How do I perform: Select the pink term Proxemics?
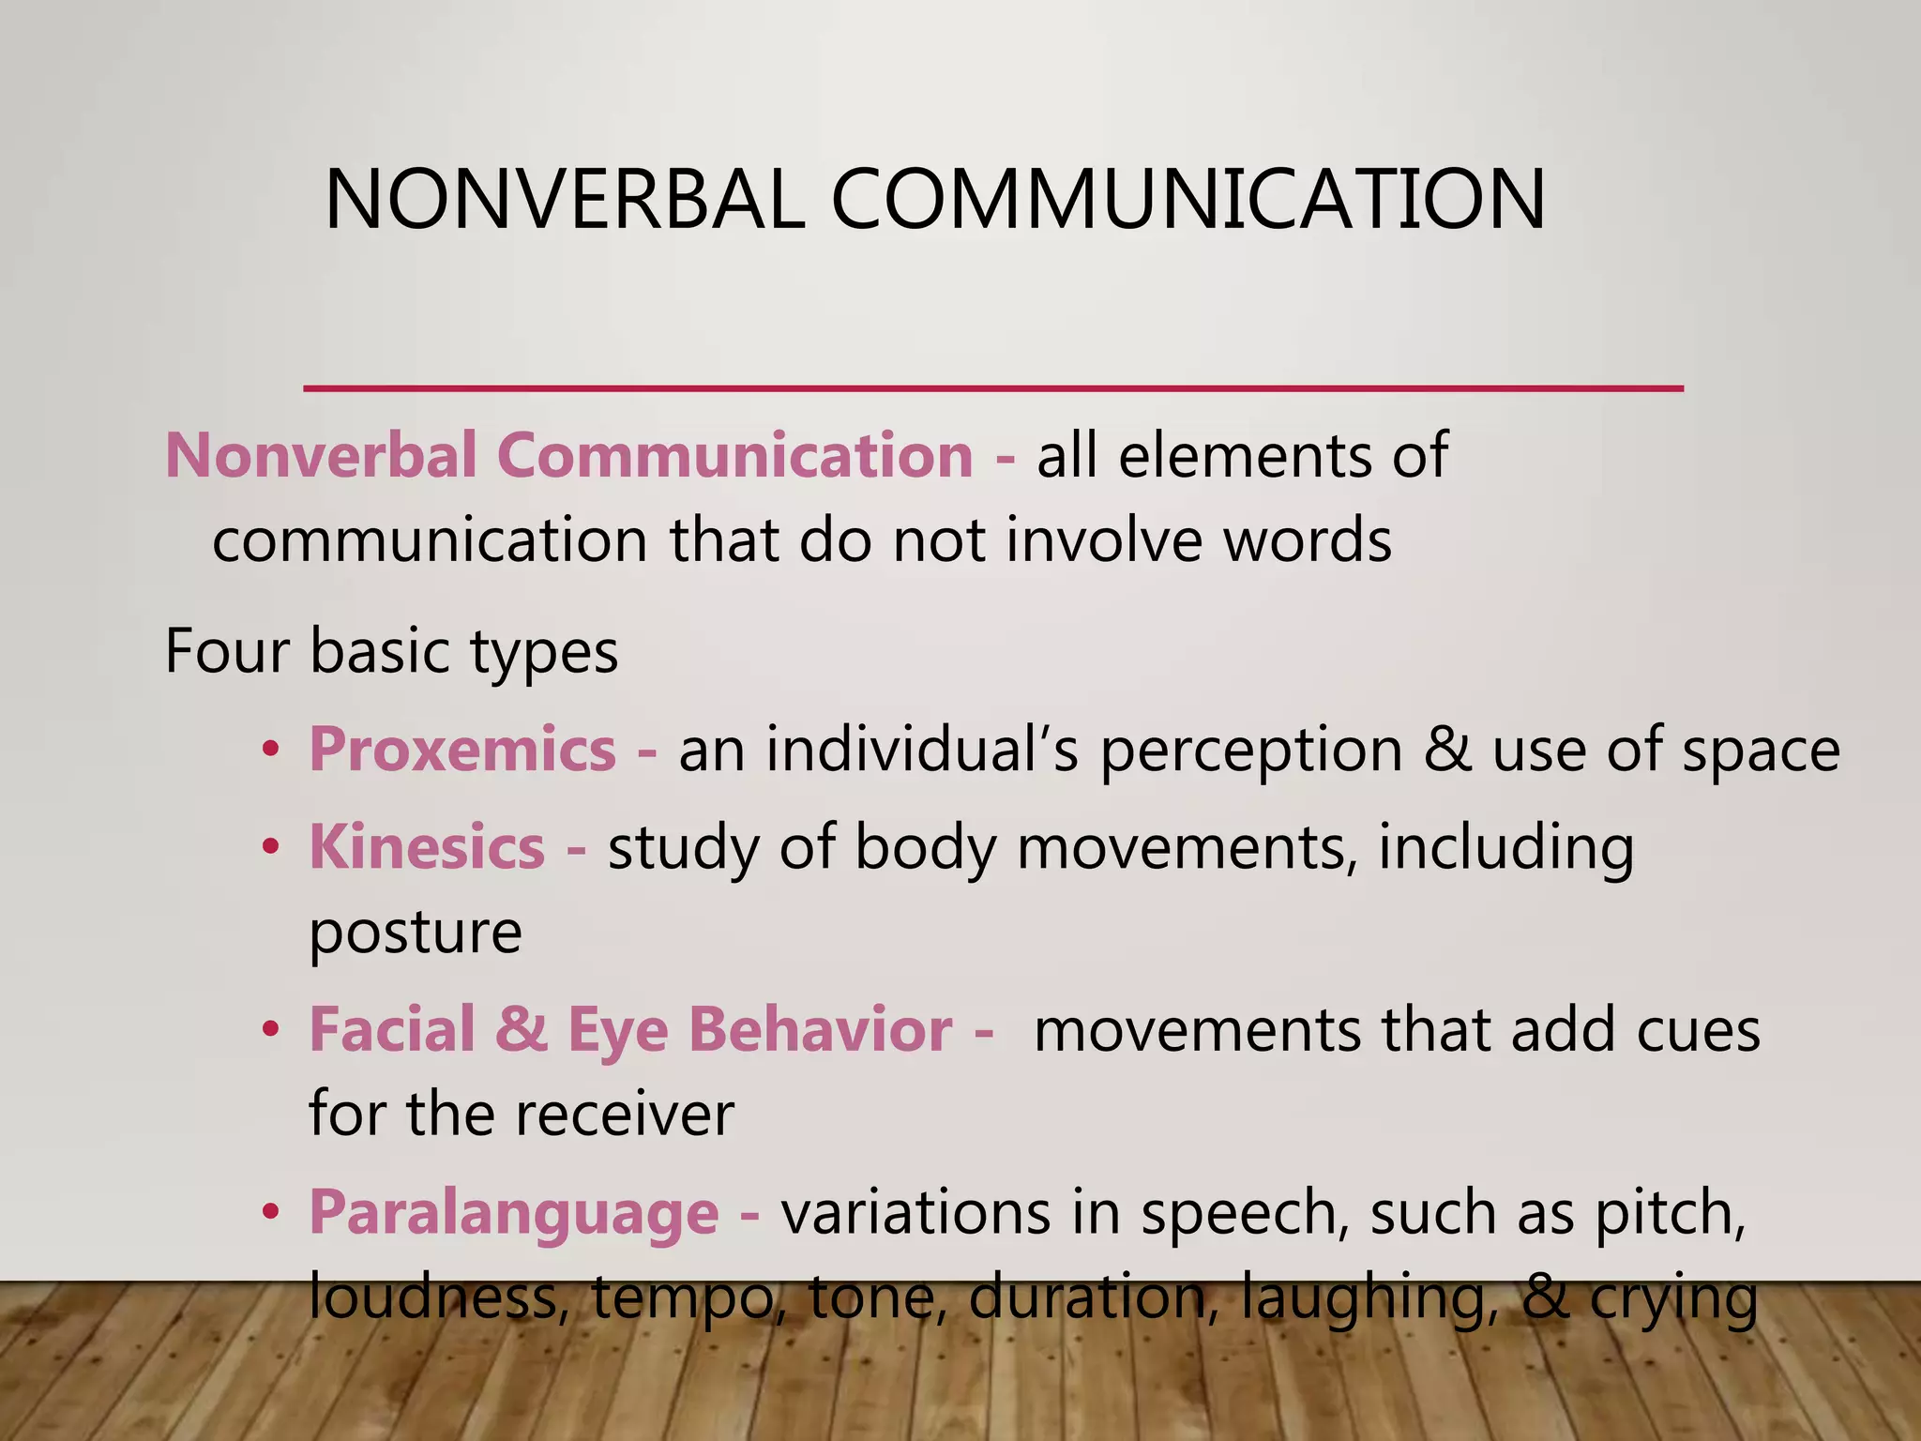coord(462,750)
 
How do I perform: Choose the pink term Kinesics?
coord(427,847)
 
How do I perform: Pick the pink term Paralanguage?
coord(514,1212)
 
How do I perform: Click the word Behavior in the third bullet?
coord(820,1030)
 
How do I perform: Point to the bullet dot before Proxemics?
coord(271,751)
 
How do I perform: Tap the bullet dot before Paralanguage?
coord(271,1213)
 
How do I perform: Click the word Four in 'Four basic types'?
coord(225,651)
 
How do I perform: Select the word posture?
coord(415,933)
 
